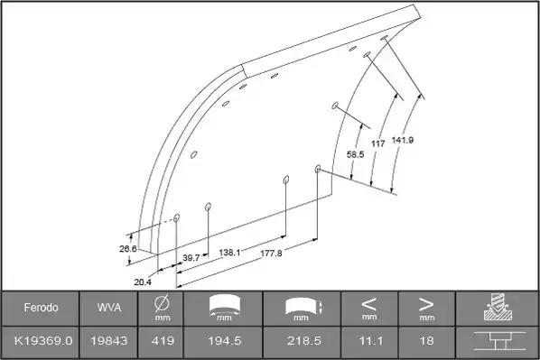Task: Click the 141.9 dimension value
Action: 403,140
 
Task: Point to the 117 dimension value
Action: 377,143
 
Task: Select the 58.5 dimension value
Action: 355,154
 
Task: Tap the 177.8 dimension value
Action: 271,254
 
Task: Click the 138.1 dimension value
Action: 229,253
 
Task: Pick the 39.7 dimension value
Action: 191,258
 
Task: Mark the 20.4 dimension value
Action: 143,282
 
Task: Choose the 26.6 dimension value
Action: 128,248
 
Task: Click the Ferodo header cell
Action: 41,308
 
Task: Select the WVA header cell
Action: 109,308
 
